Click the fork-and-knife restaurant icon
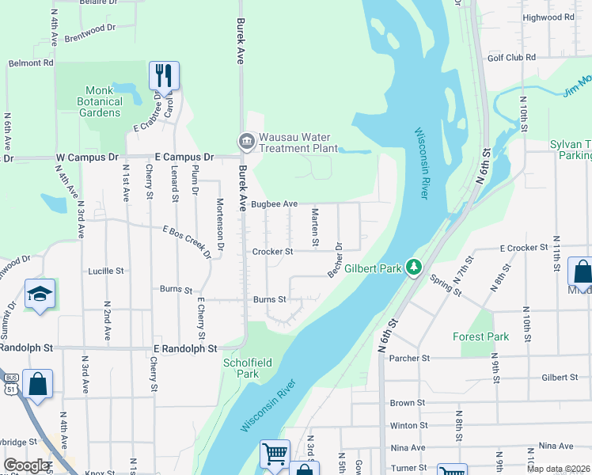(x=164, y=76)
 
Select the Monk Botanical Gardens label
(x=100, y=101)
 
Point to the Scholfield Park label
(x=248, y=368)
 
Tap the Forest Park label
(x=480, y=336)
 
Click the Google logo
(x=26, y=465)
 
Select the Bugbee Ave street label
(x=274, y=204)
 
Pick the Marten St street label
(x=315, y=225)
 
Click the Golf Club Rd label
(x=511, y=58)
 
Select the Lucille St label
(x=106, y=271)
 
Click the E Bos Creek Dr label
(x=187, y=241)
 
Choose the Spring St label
(x=445, y=285)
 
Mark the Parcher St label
(x=410, y=358)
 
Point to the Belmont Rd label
(x=31, y=63)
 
